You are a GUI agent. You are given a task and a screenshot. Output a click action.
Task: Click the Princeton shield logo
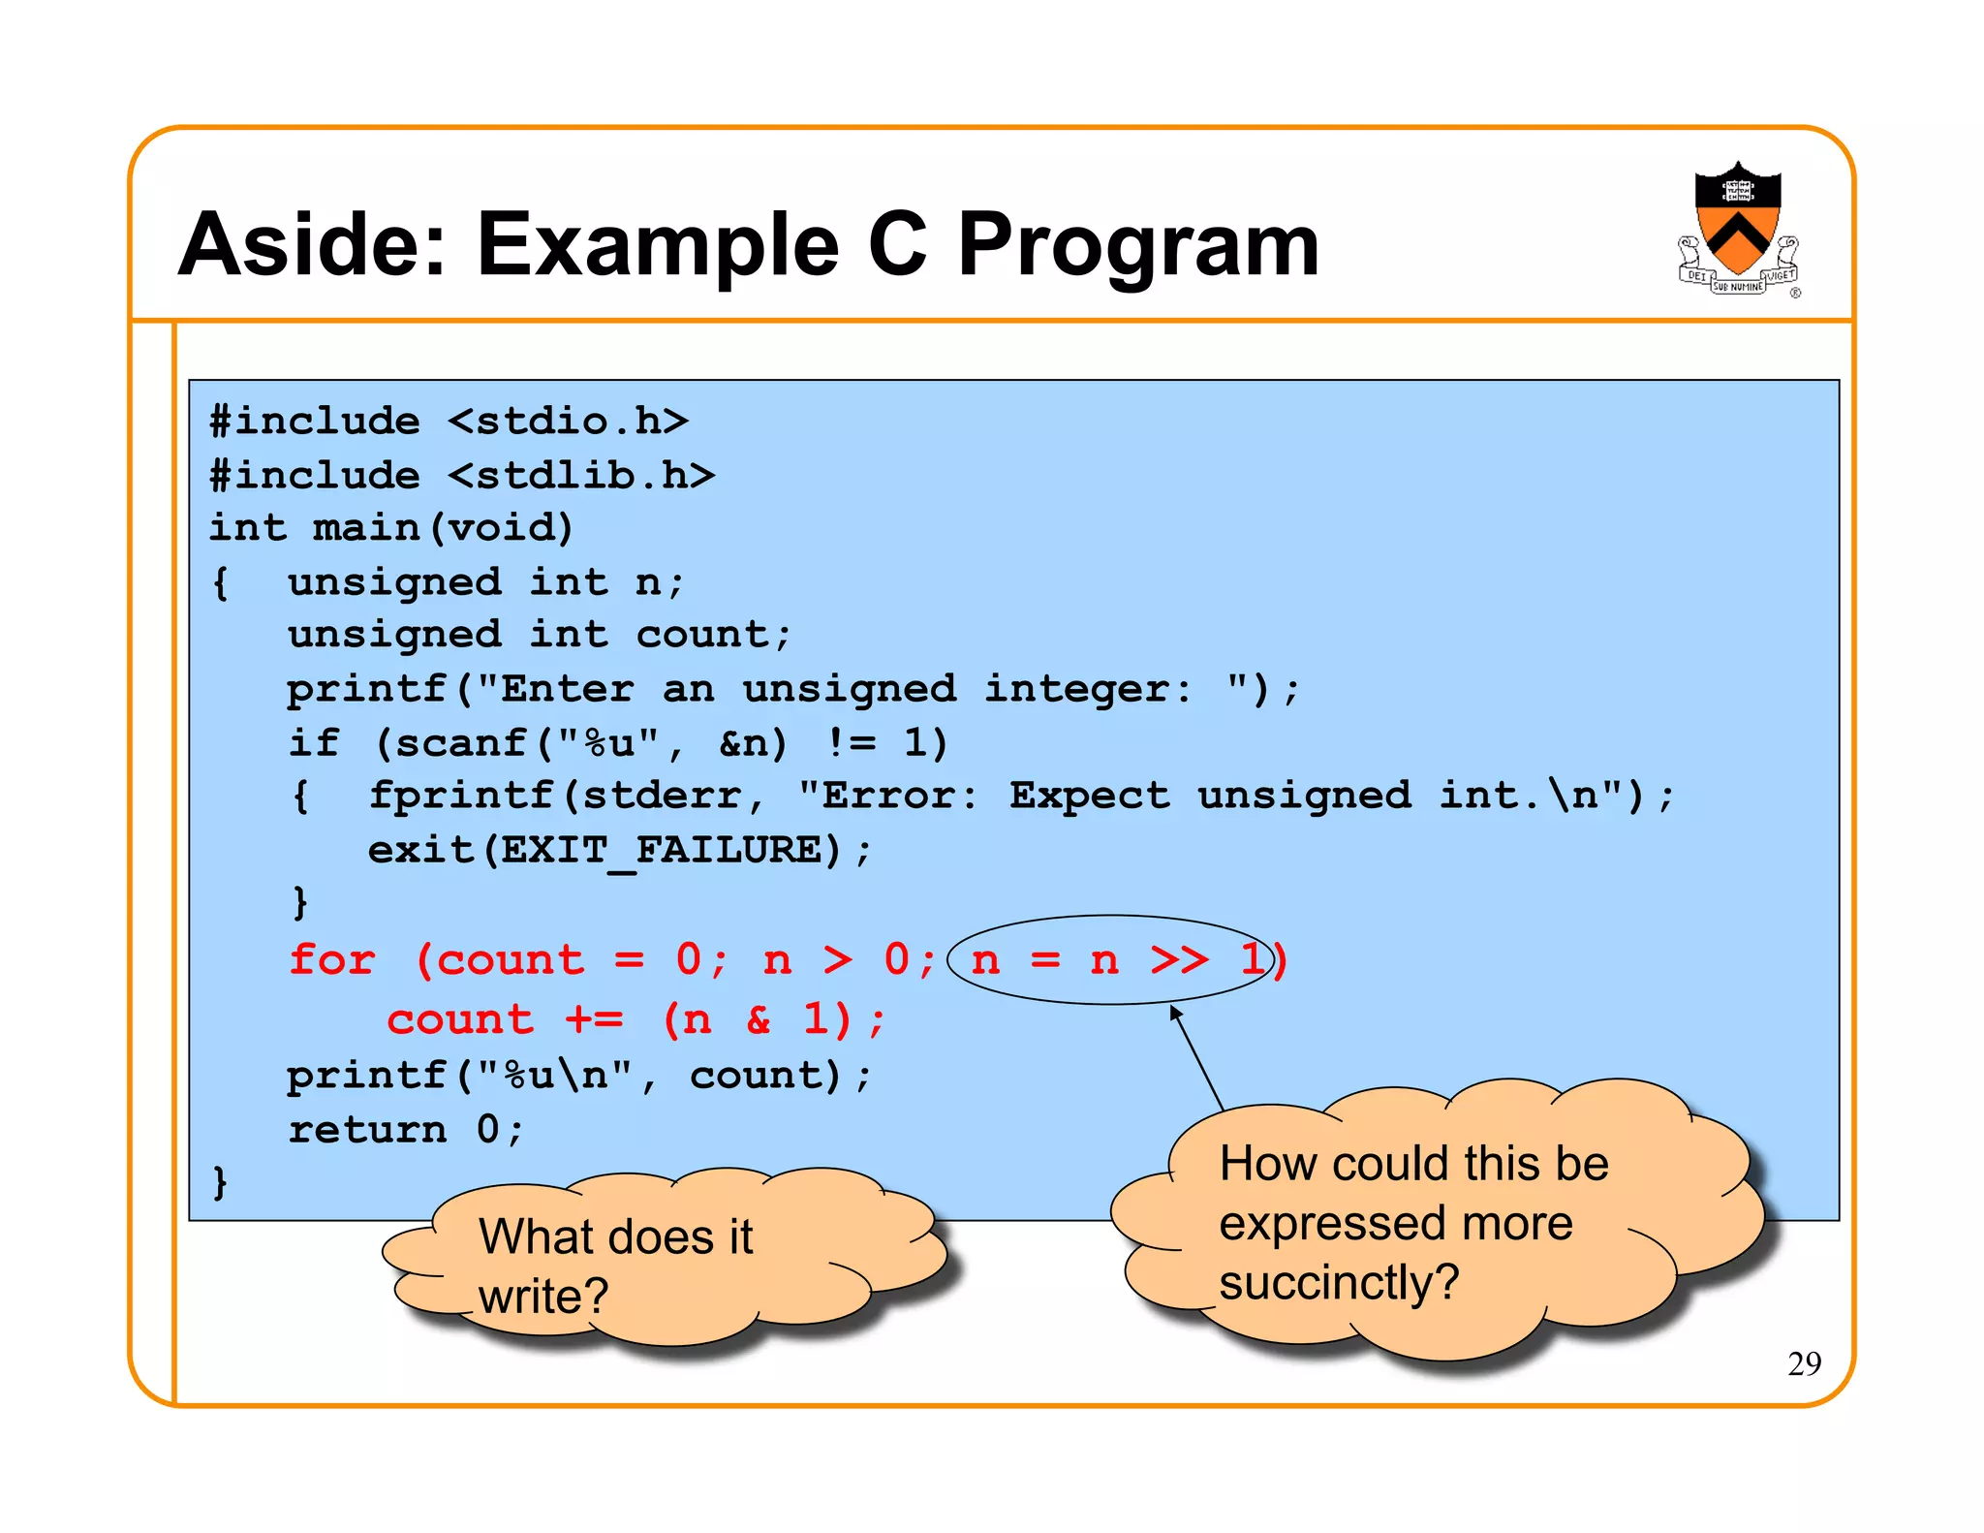pyautogui.click(x=1738, y=229)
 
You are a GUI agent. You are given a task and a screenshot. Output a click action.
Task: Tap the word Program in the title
pyautogui.click(x=1137, y=246)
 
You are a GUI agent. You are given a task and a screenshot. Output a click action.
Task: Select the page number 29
pyautogui.click(x=1804, y=1363)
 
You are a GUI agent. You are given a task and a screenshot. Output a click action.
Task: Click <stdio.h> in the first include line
pyautogui.click(x=568, y=422)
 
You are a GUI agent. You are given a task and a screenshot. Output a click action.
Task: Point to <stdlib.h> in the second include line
pyautogui.click(x=581, y=476)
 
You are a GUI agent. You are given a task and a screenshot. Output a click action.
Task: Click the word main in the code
pyautogui.click(x=365, y=529)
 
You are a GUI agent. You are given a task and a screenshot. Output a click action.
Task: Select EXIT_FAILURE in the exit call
pyautogui.click(x=661, y=851)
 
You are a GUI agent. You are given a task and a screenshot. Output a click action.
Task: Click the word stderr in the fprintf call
pyautogui.click(x=661, y=797)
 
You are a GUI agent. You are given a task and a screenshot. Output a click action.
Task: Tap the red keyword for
pyautogui.click(x=331, y=960)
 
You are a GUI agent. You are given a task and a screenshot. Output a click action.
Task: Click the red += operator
pyautogui.click(x=595, y=1019)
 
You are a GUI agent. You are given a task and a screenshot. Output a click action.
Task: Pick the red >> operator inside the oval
pyautogui.click(x=1179, y=960)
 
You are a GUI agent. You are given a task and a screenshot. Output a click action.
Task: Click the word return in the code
pyautogui.click(x=367, y=1130)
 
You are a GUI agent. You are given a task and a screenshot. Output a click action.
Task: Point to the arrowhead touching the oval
pyautogui.click(x=1175, y=1012)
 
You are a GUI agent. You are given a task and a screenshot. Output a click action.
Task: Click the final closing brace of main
pyautogui.click(x=220, y=1182)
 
